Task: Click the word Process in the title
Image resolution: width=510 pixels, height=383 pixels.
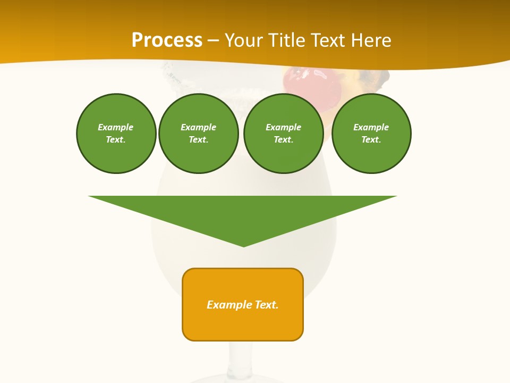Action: (167, 40)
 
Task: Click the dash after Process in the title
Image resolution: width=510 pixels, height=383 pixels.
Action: (213, 41)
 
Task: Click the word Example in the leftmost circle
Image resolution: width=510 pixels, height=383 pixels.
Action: (116, 127)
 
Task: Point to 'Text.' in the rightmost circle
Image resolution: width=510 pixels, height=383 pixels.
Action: (371, 140)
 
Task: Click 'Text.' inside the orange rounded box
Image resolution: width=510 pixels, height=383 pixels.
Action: (267, 305)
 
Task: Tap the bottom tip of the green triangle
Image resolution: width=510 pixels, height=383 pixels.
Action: (244, 245)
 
